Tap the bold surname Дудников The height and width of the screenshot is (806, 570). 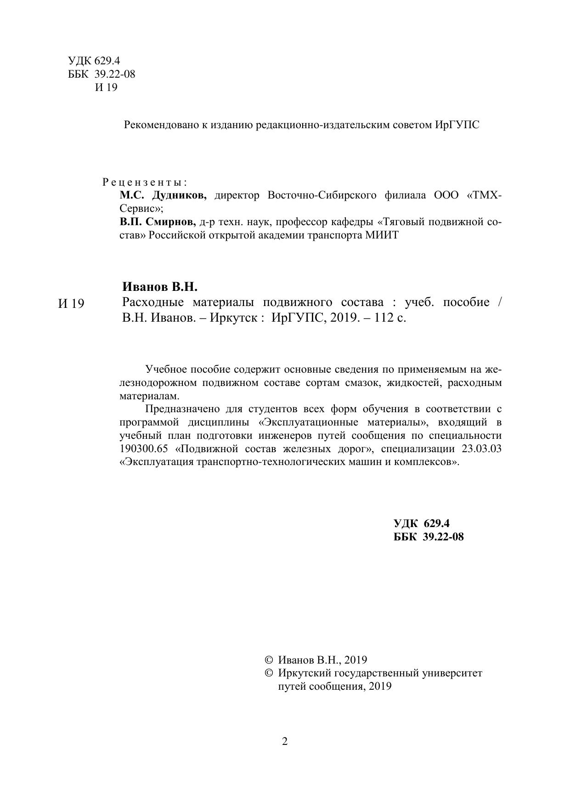click(x=179, y=195)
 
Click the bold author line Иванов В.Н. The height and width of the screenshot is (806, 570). click(x=160, y=287)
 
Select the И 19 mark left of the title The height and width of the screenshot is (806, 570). click(x=72, y=304)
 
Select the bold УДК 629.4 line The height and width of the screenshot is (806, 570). click(x=421, y=523)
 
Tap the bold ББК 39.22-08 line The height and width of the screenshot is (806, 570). click(x=429, y=537)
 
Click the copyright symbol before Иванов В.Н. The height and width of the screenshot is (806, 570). click(x=269, y=660)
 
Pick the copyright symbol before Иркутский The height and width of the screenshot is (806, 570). click(x=269, y=674)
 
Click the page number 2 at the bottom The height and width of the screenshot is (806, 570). click(x=285, y=741)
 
